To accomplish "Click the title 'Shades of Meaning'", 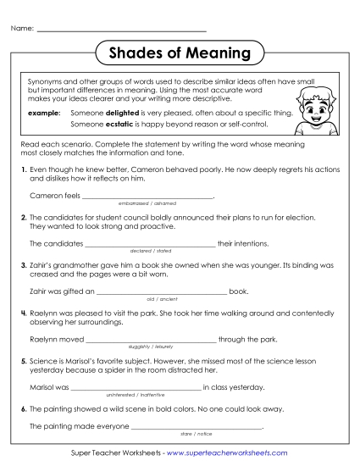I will click(x=180, y=53).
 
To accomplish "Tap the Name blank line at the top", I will click(x=123, y=30).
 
